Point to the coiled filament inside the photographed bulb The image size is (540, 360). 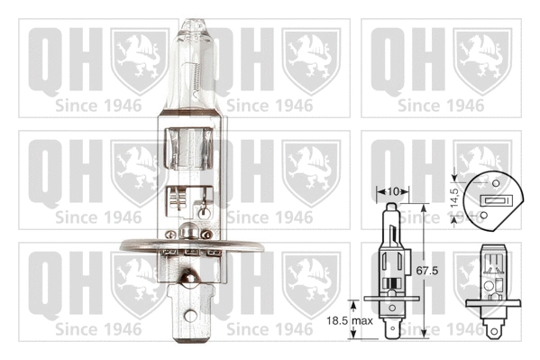tap(193, 86)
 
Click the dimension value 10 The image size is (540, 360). tap(392, 192)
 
